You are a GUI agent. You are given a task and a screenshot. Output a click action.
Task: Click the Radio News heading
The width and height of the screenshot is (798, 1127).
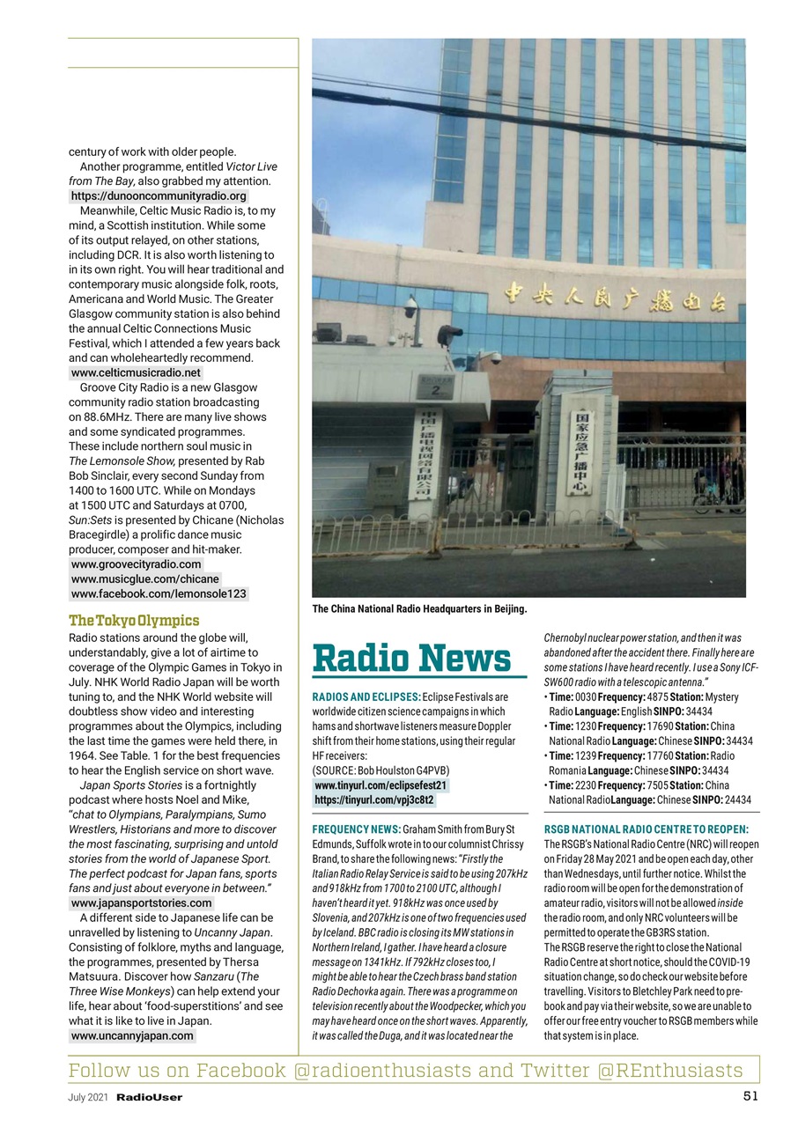tap(411, 658)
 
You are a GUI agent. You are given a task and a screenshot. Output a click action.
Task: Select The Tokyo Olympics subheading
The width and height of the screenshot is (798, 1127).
tap(134, 621)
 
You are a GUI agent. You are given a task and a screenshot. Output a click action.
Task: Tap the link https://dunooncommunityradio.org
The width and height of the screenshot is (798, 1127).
tap(159, 195)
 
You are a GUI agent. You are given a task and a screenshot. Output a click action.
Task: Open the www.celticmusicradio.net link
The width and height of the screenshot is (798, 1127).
tap(136, 372)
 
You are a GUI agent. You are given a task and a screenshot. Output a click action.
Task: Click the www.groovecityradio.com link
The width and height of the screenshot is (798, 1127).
tap(136, 563)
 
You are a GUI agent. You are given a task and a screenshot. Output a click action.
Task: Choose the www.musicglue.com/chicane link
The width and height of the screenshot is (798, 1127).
tap(144, 578)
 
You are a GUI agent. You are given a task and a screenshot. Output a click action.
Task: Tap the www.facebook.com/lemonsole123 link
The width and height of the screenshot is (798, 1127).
tap(159, 593)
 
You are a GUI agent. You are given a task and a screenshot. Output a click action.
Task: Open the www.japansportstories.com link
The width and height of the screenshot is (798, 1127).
tap(141, 902)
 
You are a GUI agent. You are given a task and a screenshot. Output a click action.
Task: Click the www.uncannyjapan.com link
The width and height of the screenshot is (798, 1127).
tap(132, 1035)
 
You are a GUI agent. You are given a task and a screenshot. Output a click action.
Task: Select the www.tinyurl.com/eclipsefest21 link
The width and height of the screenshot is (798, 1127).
tap(381, 784)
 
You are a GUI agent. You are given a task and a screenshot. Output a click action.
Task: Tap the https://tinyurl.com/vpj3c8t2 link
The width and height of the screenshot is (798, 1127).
tap(374, 799)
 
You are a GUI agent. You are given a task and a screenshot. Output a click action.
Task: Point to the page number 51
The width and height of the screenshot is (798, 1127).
tap(750, 1096)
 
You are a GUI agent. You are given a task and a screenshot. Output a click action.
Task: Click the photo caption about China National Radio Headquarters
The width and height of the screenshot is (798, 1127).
tap(419, 608)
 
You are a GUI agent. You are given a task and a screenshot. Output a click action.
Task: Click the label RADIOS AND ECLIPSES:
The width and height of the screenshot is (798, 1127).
tap(366, 697)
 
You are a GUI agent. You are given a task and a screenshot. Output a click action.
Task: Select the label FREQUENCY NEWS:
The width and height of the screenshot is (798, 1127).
tap(356, 829)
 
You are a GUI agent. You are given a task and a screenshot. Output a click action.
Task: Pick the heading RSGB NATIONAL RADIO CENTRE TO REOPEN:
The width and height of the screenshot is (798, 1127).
tap(647, 829)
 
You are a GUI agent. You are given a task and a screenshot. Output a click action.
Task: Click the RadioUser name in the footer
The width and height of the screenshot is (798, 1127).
tap(150, 1097)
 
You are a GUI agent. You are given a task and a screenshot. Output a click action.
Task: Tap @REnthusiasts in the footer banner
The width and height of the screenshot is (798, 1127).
tap(669, 1070)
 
